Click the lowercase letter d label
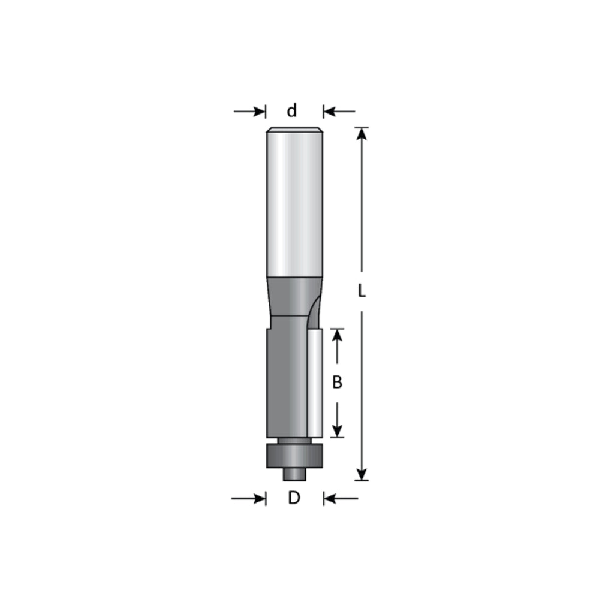click(292, 111)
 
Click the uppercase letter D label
click(294, 498)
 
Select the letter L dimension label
click(362, 291)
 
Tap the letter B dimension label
click(337, 382)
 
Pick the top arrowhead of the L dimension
click(362, 133)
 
